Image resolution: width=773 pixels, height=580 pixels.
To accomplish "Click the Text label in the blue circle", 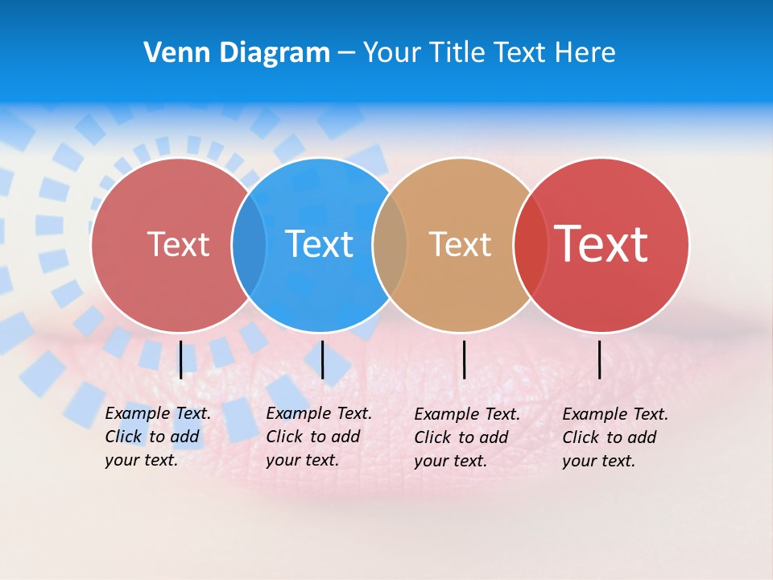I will tap(320, 244).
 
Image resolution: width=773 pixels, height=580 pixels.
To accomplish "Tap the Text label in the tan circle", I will tap(460, 244).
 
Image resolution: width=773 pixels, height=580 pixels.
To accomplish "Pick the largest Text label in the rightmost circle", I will tap(601, 243).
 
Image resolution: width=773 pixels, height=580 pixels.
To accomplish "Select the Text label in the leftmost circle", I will tap(178, 244).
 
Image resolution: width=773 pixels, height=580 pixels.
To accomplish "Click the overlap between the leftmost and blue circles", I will tap(248, 245).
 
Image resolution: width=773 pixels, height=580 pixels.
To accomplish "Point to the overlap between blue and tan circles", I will tap(390, 245).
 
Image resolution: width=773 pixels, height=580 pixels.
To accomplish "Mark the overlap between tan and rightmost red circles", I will tap(529, 245).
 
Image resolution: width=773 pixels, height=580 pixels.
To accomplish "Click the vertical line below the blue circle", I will tap(322, 359).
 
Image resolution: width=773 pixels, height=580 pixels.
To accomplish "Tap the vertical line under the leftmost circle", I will tap(181, 359).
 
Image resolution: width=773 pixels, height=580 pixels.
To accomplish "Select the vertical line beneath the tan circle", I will tap(464, 359).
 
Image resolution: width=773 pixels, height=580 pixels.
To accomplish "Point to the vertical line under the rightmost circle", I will tap(600, 359).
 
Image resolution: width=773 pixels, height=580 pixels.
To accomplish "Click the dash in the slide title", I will tap(346, 53).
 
